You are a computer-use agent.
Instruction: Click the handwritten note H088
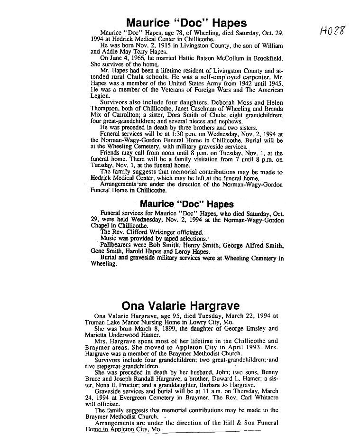point(332,32)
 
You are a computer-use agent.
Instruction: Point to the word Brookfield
point(266,58)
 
